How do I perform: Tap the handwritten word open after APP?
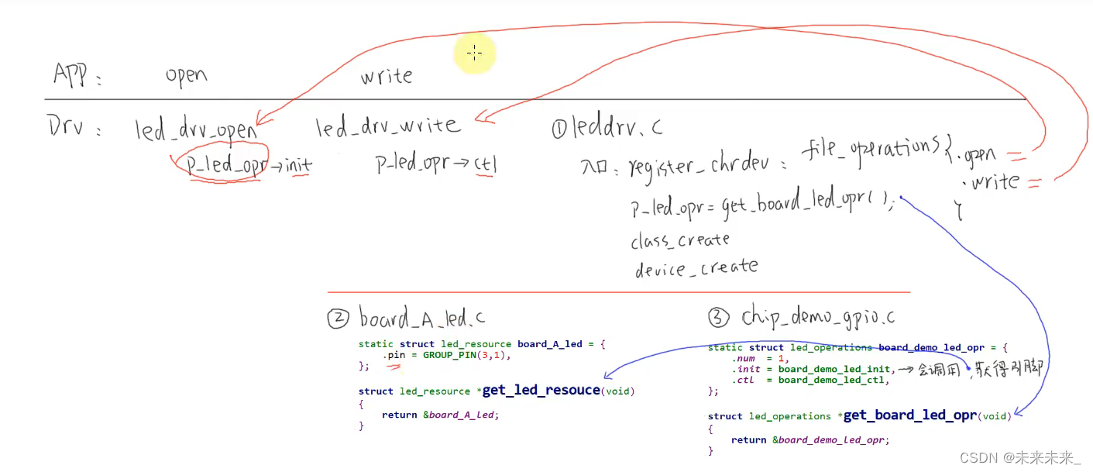[x=186, y=76]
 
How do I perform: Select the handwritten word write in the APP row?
[x=386, y=76]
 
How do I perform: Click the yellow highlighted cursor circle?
[x=474, y=53]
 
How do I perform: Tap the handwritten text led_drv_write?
[x=387, y=126]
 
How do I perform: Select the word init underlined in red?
[x=298, y=164]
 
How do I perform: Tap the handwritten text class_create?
[x=680, y=239]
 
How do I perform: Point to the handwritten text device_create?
[x=696, y=268]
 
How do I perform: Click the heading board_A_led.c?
[x=422, y=318]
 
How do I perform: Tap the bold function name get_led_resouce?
[x=541, y=390]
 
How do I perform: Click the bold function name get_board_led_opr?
[x=909, y=415]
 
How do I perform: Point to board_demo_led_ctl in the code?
[x=833, y=380]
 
